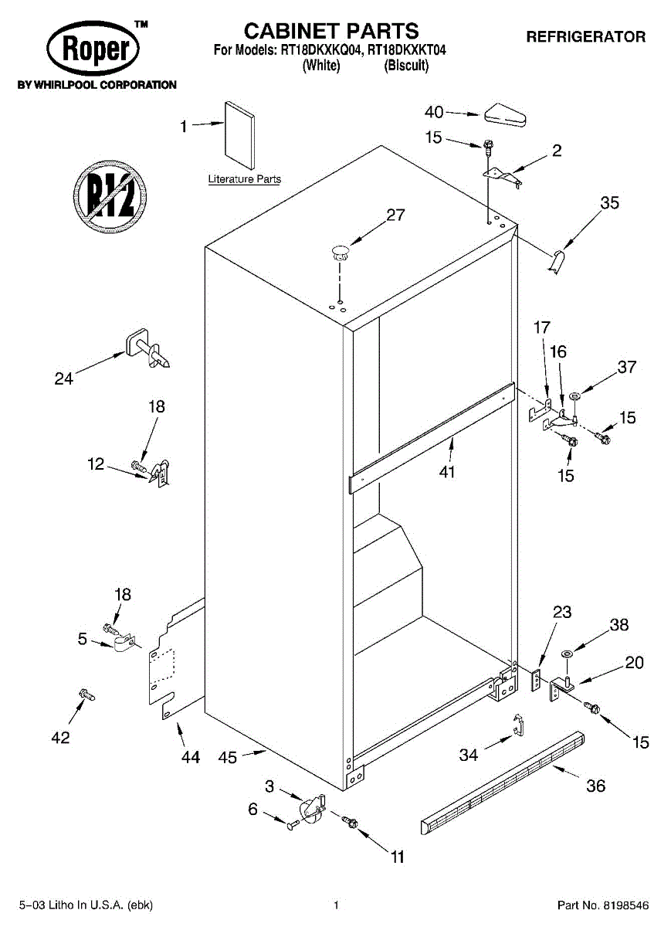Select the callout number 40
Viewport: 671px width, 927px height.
pos(434,112)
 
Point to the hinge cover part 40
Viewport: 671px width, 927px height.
pos(505,115)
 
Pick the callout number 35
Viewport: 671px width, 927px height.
pos(610,203)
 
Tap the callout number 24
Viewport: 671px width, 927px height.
pos(64,379)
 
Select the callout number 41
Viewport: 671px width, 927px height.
pos(446,472)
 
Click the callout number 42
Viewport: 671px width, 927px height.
pos(60,738)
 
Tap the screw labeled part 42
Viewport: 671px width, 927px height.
pos(86,695)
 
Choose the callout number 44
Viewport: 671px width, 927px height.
pos(190,757)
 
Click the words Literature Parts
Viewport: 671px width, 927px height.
pos(244,179)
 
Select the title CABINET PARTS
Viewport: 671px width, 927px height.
pos(331,31)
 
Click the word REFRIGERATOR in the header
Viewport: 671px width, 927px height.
pos(585,36)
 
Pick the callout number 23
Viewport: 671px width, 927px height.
pos(562,613)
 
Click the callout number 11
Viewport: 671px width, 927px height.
pos(397,857)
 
